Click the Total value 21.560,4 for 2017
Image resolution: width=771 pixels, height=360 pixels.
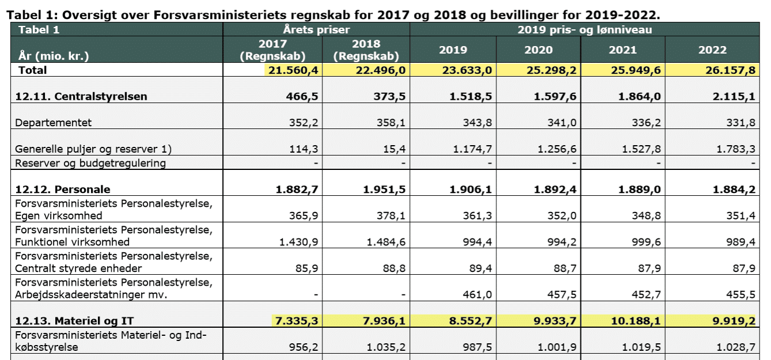(293, 70)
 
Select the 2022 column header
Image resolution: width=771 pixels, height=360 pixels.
(712, 50)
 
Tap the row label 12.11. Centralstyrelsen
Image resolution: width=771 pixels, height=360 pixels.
(81, 96)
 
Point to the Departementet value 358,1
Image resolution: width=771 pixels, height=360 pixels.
(390, 123)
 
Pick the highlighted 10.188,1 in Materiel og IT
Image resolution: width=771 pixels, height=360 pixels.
(636, 321)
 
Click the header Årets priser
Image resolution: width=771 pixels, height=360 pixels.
(316, 29)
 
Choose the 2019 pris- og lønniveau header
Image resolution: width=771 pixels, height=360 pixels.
(584, 30)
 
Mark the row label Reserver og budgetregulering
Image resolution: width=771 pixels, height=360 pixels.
(90, 163)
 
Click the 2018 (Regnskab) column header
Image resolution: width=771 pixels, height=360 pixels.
(366, 50)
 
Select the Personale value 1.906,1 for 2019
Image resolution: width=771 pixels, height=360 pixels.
(470, 190)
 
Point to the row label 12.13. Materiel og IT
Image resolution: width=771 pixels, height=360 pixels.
(74, 321)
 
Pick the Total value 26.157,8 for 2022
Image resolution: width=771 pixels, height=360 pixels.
(730, 70)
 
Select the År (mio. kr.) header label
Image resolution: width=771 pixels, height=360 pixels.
(54, 56)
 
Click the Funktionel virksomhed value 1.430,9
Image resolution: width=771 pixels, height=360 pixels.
(298, 242)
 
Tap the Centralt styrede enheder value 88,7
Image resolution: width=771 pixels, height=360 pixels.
(565, 268)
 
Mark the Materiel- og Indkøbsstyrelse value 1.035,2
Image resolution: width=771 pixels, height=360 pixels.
(386, 347)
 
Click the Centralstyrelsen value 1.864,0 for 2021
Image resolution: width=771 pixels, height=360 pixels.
(639, 96)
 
